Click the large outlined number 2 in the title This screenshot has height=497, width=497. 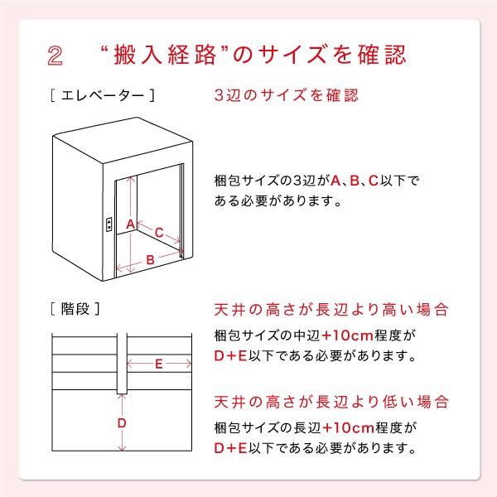(x=55, y=55)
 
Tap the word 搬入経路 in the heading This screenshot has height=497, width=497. (x=165, y=55)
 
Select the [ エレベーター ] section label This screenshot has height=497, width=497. (x=103, y=95)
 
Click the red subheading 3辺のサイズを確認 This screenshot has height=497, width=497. (x=287, y=95)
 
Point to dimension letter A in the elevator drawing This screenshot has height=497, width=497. (x=131, y=224)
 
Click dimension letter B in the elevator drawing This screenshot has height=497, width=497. (x=150, y=260)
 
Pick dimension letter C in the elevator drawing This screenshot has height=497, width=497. (x=159, y=233)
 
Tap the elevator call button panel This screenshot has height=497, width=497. (x=109, y=224)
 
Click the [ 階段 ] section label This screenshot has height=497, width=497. (x=75, y=309)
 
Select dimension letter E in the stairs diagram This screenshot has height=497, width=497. (x=159, y=364)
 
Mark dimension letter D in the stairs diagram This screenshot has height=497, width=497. (x=122, y=423)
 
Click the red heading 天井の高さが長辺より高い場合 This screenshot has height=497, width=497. (x=331, y=310)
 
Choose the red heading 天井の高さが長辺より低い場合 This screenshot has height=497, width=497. (x=331, y=402)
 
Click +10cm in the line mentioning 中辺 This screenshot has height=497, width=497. (x=348, y=335)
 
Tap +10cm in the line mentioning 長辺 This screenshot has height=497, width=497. (x=349, y=428)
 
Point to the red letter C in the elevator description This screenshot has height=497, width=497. (x=374, y=181)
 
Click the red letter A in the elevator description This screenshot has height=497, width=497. (x=335, y=181)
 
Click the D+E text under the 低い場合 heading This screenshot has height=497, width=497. (x=230, y=448)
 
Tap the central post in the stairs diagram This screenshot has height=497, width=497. (x=122, y=364)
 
